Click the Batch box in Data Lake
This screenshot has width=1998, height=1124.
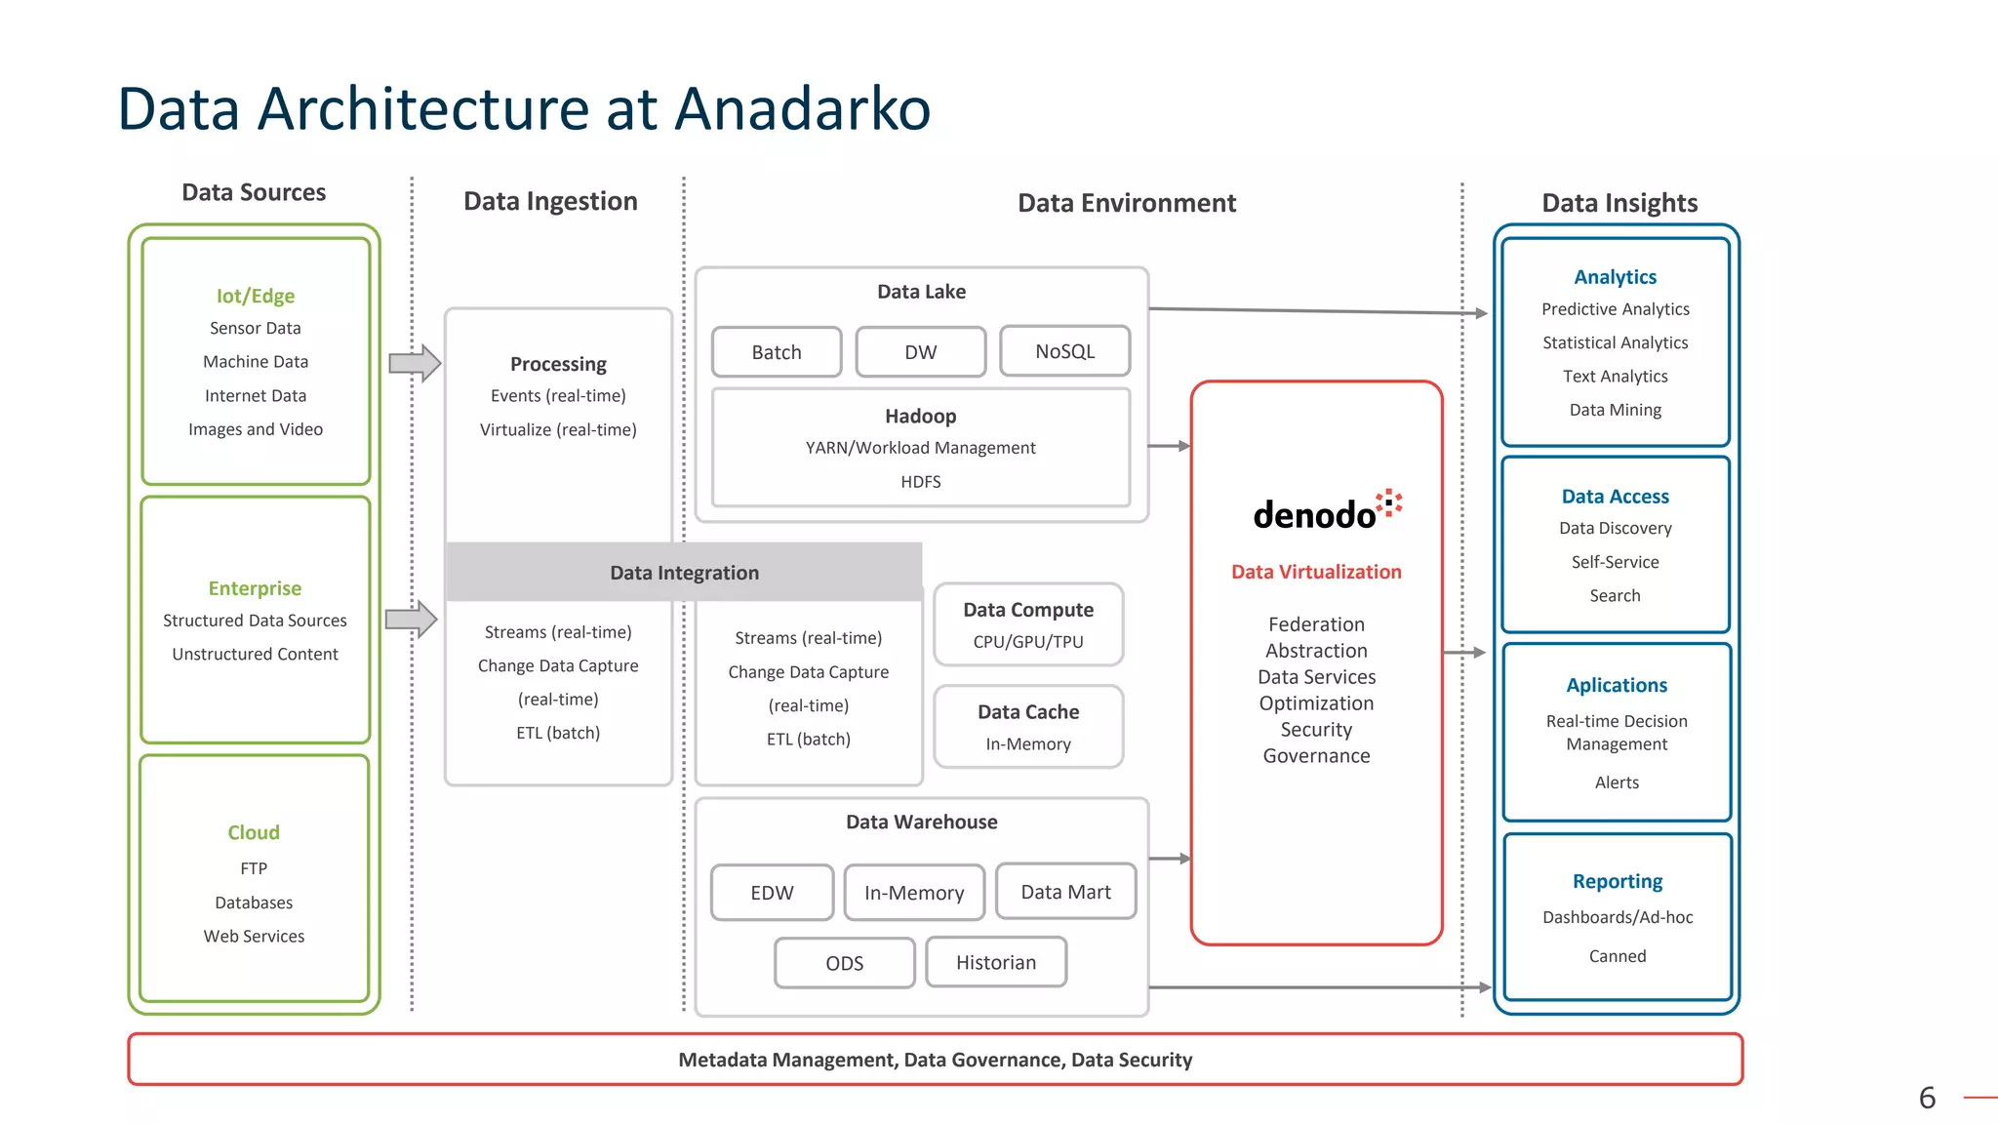click(777, 352)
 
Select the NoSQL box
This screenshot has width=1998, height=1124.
click(1064, 351)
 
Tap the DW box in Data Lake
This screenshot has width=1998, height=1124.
click(920, 352)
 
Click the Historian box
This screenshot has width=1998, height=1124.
click(995, 962)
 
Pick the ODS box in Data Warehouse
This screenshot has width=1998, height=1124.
click(844, 963)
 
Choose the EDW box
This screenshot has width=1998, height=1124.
click(772, 893)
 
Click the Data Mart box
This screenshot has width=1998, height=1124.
click(1065, 892)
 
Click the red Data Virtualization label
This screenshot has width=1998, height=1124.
click(1316, 572)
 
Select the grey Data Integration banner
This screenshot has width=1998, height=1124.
click(684, 573)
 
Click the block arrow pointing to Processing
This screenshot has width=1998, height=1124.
click(415, 364)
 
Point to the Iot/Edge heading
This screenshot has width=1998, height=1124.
click(256, 296)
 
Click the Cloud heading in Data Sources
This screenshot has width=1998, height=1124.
click(254, 832)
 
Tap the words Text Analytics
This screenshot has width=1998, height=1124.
click(1615, 377)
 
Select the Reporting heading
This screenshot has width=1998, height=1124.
click(1617, 881)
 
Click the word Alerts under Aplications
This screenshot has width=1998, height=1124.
click(1617, 783)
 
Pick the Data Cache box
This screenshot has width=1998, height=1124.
click(1028, 726)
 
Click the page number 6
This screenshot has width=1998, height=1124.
click(1927, 1098)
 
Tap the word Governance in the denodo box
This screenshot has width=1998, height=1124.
click(1316, 756)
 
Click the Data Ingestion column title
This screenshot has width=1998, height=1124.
click(550, 201)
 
